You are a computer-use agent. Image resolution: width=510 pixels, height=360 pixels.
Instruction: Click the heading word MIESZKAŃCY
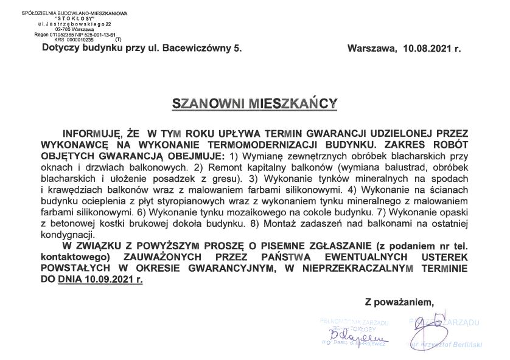click(293, 104)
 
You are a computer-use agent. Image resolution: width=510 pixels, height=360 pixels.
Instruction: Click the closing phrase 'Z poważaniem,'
click(399, 302)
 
